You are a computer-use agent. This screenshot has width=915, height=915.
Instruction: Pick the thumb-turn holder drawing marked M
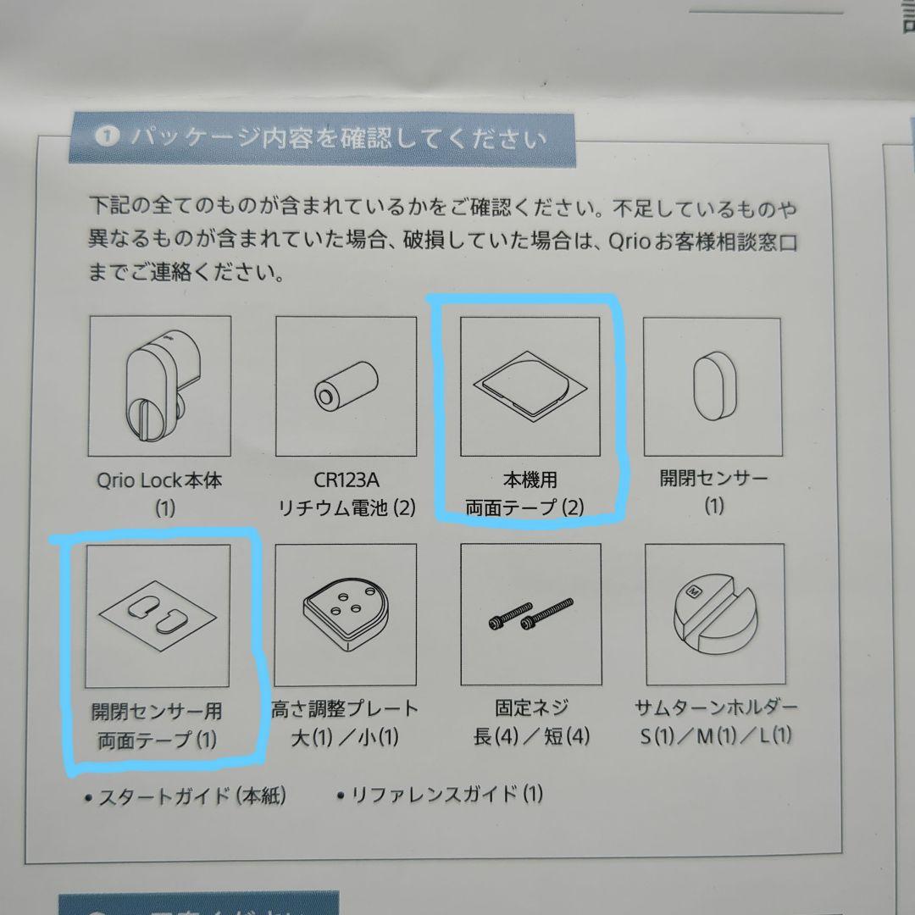[x=713, y=612]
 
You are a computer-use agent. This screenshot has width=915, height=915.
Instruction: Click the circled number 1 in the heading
[x=105, y=136]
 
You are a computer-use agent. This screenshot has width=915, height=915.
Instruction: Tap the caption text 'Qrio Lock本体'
[x=159, y=480]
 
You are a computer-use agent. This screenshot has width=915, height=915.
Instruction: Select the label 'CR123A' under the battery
[x=346, y=480]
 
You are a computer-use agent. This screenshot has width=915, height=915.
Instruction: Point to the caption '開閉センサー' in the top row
[x=713, y=479]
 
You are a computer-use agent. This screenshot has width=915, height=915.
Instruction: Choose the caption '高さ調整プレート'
[x=345, y=708]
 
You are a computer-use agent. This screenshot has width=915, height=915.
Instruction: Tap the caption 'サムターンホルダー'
[x=716, y=707]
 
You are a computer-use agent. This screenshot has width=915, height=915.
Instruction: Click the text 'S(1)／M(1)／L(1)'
[x=716, y=735]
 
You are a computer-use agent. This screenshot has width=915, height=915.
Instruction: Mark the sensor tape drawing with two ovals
[x=159, y=613]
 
